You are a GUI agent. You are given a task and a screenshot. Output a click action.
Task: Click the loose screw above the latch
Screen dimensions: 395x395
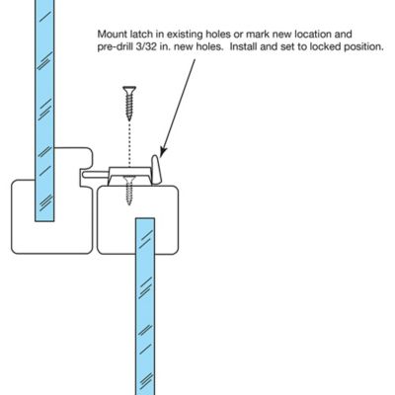pos(127,103)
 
